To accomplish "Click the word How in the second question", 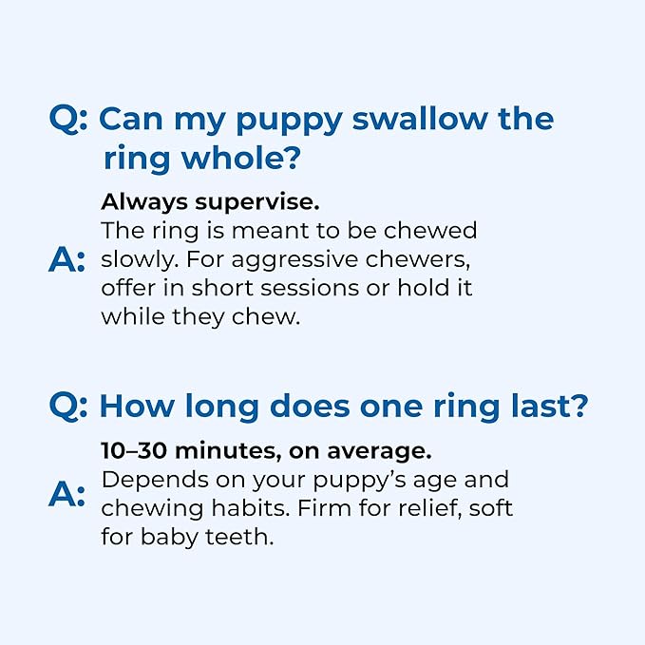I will point(136,408).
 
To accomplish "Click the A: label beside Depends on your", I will point(67,495).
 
